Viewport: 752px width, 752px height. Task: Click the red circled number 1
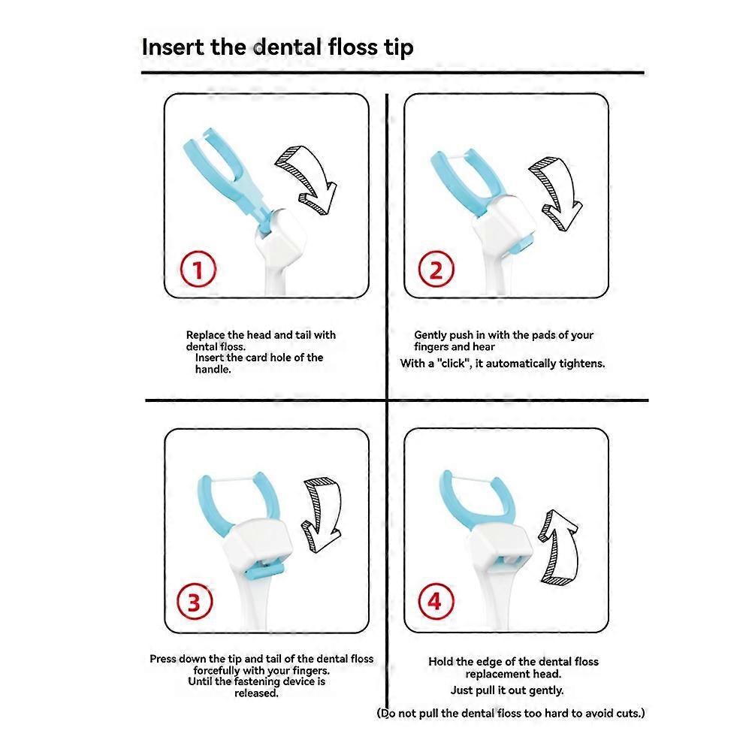(x=198, y=269)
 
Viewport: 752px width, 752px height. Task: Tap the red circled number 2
(x=436, y=269)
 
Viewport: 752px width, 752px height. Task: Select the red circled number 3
(x=195, y=602)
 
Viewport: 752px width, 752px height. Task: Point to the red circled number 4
(x=436, y=601)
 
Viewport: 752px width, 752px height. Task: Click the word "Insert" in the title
(x=174, y=47)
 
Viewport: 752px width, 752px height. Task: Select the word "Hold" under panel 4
(x=439, y=661)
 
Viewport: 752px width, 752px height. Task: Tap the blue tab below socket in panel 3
(x=264, y=571)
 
